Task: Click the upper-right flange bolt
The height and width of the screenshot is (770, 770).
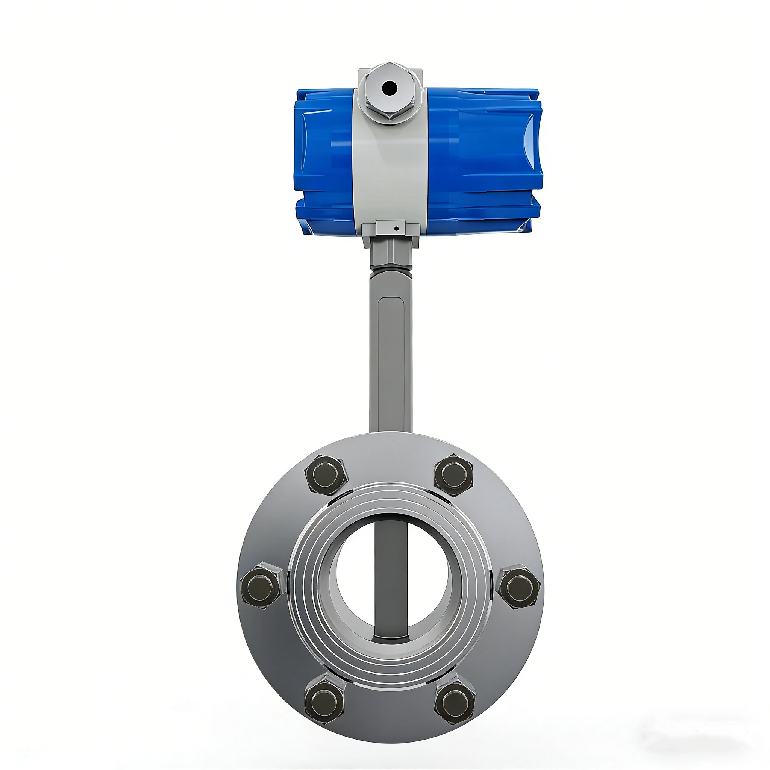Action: [x=453, y=475]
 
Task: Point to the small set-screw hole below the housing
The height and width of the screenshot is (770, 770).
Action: [x=396, y=229]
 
